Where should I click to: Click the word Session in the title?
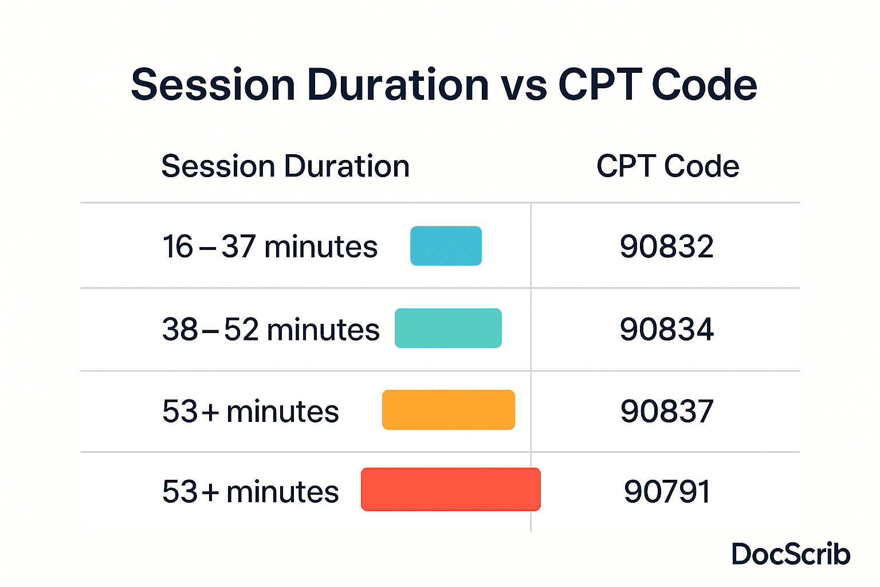coord(213,84)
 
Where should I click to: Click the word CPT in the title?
coord(600,84)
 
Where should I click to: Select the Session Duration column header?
coord(286,166)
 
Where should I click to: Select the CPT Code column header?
coord(668,166)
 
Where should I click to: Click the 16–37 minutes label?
coord(270,246)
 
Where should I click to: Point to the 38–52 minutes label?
coord(271,329)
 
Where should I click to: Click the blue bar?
coord(446,246)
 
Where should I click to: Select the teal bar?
coord(448,328)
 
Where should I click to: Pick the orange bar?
coord(449,410)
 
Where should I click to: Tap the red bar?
coord(451,490)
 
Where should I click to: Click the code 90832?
coord(667,246)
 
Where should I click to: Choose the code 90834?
coord(667,329)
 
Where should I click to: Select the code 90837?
coord(667,411)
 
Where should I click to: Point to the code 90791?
coord(667,491)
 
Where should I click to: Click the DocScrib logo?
coord(791,554)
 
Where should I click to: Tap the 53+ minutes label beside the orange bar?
coord(250,411)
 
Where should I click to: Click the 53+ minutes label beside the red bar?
coord(250,491)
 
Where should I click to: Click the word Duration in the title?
coord(398,84)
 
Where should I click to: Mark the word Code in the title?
coord(704,84)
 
